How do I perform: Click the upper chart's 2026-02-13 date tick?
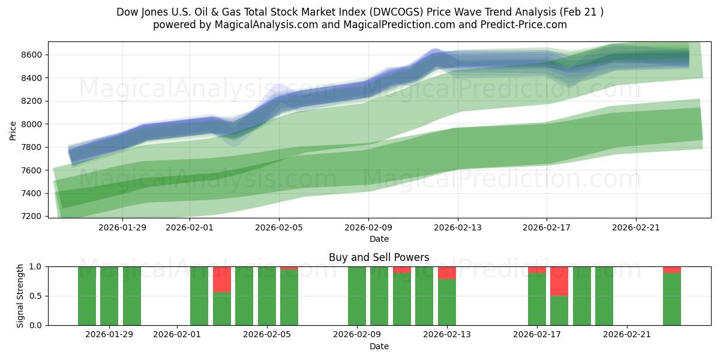pyautogui.click(x=458, y=227)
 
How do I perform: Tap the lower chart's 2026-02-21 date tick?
pyautogui.click(x=626, y=334)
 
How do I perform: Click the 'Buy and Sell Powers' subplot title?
pyautogui.click(x=379, y=257)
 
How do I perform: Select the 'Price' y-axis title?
pyautogui.click(x=13, y=130)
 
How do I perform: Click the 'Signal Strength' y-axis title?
pyautogui.click(x=20, y=296)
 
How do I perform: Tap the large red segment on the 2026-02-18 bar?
pyautogui.click(x=559, y=281)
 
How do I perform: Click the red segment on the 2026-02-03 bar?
pyautogui.click(x=222, y=280)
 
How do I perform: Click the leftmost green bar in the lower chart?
pyautogui.click(x=87, y=296)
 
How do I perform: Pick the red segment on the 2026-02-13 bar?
pyautogui.click(x=447, y=273)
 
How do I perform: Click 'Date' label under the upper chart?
pyautogui.click(x=379, y=239)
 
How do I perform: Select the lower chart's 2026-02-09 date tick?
pyautogui.click(x=357, y=334)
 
